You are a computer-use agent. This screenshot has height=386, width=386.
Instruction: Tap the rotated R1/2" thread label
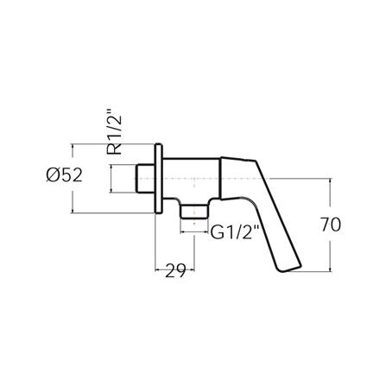pos(116,132)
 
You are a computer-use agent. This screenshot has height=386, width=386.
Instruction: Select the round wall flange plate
pos(158,179)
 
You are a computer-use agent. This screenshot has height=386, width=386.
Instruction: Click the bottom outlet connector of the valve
pos(194,211)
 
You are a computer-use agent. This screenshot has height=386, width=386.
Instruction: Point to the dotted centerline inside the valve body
pos(186,179)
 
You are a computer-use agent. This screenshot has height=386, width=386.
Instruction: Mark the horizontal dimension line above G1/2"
pos(194,232)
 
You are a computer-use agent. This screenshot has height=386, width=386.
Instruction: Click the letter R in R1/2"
pos(116,149)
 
